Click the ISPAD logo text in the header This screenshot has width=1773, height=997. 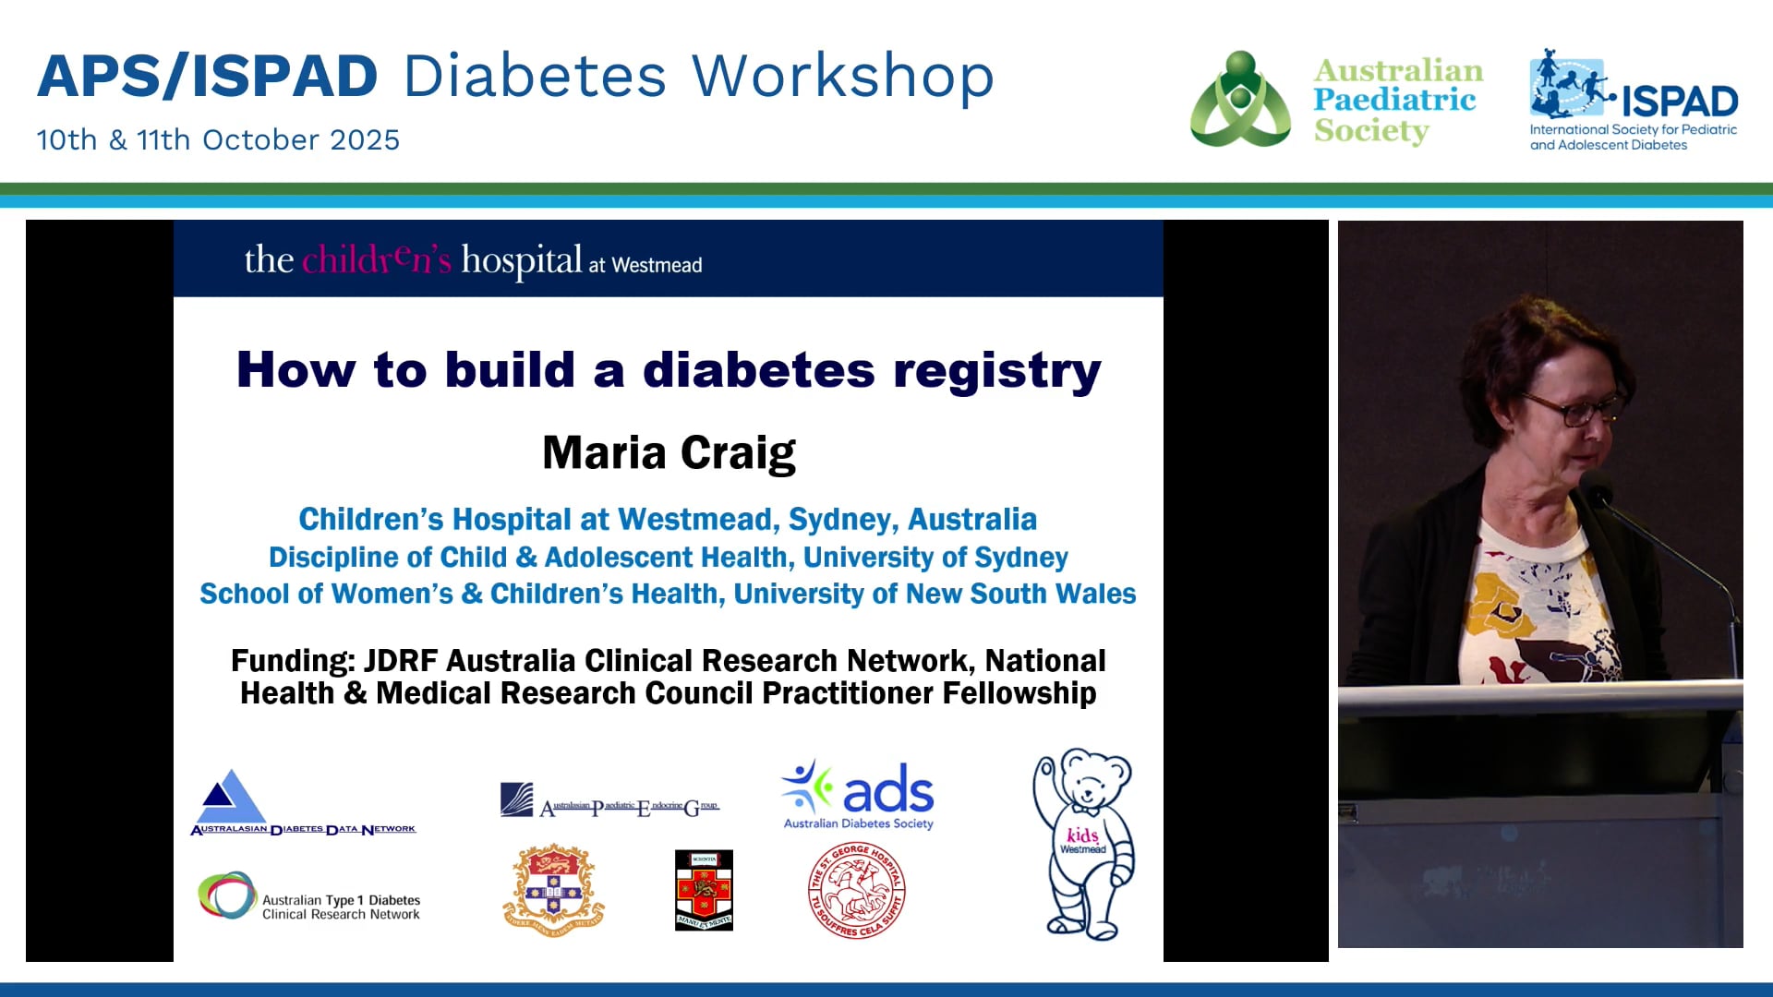click(1679, 101)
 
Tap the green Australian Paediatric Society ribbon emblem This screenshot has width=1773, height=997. click(1240, 100)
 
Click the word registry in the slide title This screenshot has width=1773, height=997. click(997, 370)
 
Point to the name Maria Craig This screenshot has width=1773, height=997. click(669, 453)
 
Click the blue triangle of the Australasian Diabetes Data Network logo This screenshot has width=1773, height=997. click(230, 795)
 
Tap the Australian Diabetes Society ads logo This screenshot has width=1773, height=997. click(859, 794)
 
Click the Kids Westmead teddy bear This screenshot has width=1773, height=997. click(1085, 842)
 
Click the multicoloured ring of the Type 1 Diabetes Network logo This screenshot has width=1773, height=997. click(227, 895)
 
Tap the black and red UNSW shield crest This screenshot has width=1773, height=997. click(704, 890)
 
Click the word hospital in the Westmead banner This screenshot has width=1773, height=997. click(522, 261)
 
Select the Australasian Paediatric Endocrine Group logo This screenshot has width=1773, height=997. click(609, 801)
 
